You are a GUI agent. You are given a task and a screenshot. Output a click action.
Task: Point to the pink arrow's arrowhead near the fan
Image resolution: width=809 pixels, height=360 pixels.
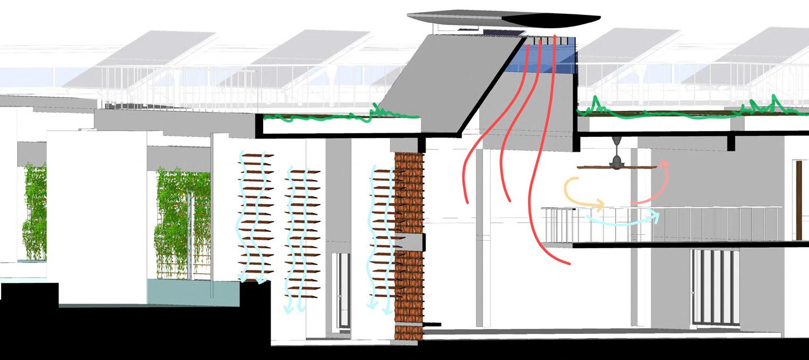coord(664,164)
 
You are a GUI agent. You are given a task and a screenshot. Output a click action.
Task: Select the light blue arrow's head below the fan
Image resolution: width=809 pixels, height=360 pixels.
coord(657,215)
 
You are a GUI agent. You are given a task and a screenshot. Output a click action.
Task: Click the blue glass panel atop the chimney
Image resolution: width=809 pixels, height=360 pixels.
coord(549,61)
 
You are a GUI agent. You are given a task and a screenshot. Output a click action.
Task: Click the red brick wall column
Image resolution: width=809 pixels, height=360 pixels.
coord(408,245)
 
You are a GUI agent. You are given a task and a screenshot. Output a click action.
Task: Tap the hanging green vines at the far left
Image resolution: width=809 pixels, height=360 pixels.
coord(35,213)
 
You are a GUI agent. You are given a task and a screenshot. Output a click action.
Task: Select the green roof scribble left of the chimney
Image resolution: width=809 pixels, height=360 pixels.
coord(341,116)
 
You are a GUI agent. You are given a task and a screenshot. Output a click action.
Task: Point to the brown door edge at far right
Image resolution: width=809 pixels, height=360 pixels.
coord(799,200)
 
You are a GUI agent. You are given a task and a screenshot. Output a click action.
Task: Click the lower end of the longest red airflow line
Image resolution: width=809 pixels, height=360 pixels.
coord(569,263)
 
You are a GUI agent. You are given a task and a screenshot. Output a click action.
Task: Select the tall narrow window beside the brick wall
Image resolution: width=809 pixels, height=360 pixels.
coord(341,290)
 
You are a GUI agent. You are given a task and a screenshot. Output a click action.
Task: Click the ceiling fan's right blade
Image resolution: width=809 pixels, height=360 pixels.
coord(641,167)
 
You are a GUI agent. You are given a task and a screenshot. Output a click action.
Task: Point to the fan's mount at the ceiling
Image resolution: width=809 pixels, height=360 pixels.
coord(617,140)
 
